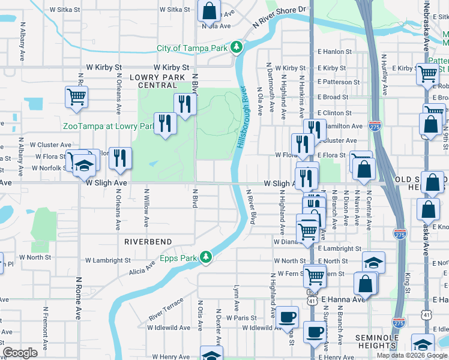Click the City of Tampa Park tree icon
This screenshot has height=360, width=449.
[237, 47]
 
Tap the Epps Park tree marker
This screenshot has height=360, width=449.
[206, 257]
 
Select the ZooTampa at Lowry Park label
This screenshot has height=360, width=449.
[109, 126]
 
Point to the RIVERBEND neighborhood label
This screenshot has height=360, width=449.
[148, 242]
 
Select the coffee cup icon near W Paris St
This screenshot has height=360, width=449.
[287, 316]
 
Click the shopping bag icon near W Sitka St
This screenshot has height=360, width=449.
[208, 10]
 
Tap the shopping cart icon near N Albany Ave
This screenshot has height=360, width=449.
[77, 96]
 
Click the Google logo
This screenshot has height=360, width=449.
[20, 353]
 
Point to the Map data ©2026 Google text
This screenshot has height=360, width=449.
[412, 355]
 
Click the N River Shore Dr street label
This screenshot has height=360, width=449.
[279, 15]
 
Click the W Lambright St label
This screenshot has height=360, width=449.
[107, 260]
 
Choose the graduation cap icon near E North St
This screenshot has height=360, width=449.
[373, 262]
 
